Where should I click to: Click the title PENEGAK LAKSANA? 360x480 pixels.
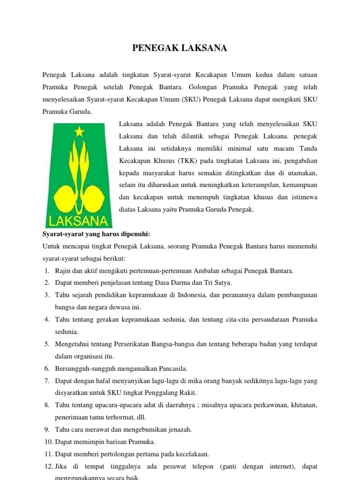(180, 48)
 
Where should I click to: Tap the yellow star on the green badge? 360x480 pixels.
(79, 132)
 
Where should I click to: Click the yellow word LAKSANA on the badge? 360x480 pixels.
(78, 220)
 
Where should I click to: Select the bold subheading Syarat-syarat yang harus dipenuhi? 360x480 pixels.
(96, 234)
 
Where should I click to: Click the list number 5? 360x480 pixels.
(47, 344)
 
